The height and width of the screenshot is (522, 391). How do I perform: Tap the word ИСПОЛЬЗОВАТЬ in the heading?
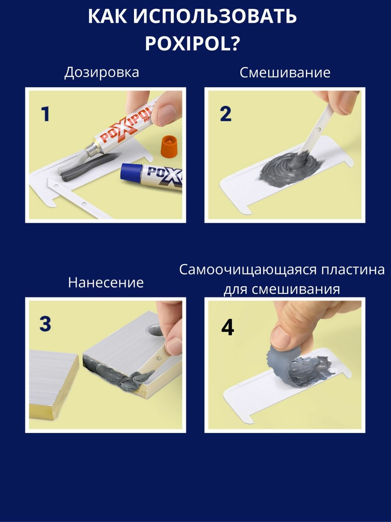coord(215,17)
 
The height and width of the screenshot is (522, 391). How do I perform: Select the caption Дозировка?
coord(102,72)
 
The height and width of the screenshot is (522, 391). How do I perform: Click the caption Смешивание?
coord(285,72)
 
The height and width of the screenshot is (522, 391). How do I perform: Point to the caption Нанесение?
coord(106,283)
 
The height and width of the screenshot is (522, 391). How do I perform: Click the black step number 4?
coord(228,327)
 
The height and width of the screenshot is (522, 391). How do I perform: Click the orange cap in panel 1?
coord(170,146)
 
